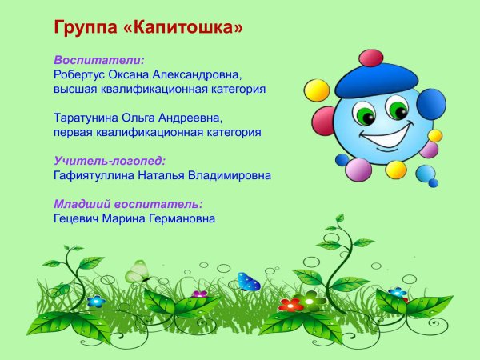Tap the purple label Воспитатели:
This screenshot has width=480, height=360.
click(x=99, y=60)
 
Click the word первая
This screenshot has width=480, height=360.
click(x=75, y=132)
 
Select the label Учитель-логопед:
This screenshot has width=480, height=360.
click(x=110, y=161)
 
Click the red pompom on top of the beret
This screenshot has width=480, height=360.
click(x=371, y=58)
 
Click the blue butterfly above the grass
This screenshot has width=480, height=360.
click(x=249, y=282)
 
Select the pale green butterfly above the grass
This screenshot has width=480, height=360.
click(x=137, y=272)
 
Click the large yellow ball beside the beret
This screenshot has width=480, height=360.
click(x=318, y=90)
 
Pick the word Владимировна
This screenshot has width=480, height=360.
click(x=230, y=175)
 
